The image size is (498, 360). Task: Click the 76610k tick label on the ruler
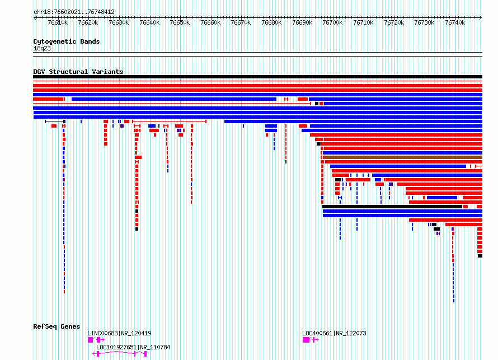[x=58, y=22]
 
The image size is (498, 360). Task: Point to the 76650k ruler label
[x=180, y=22]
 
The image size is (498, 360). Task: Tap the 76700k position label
[x=332, y=22]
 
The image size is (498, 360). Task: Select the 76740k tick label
[x=455, y=22]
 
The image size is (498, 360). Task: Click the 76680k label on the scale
[x=271, y=22]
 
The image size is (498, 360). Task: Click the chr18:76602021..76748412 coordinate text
[x=74, y=12]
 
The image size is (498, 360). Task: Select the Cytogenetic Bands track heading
[x=67, y=41]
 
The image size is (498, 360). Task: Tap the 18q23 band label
[x=42, y=48]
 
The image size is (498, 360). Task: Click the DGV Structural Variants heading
[x=78, y=72]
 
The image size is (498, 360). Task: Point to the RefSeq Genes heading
[x=57, y=326]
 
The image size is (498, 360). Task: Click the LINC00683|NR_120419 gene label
[x=119, y=333]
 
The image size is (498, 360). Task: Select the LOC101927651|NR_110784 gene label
[x=133, y=347]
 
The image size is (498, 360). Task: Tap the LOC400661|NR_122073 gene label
[x=334, y=333]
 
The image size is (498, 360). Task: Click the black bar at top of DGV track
[x=257, y=77]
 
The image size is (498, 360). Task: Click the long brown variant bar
[x=403, y=157]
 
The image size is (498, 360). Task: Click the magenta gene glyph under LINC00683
[x=96, y=340]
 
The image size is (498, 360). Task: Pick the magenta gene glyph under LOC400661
[x=311, y=340]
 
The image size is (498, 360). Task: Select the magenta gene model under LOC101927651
[x=119, y=354]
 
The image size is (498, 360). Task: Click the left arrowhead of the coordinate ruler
[x=34, y=18]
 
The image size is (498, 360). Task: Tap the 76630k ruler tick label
[x=119, y=22]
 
